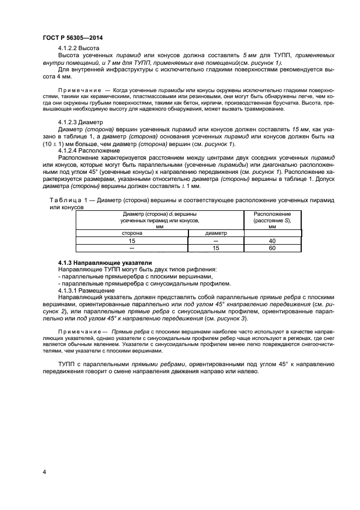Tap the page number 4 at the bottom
click(44, 471)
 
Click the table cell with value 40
click(272, 240)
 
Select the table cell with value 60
click(272, 248)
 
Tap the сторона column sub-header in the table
click(132, 233)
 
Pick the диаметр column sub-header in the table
click(216, 233)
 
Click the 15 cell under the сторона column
click(132, 240)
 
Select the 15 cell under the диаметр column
click(216, 248)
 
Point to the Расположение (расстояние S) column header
click(272, 220)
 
